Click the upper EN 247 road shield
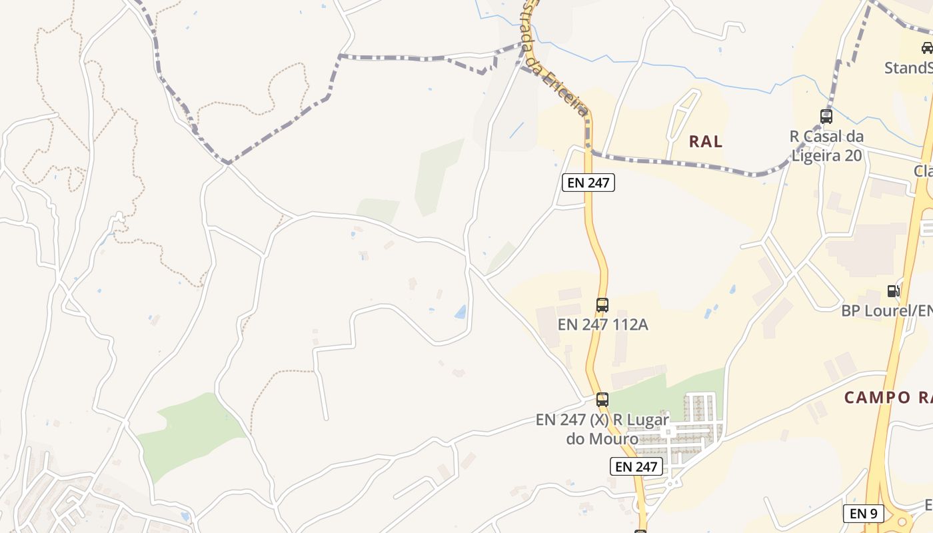(x=588, y=183)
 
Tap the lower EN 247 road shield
(x=636, y=466)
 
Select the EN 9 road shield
(x=864, y=513)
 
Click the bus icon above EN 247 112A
(x=602, y=305)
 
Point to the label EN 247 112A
(x=602, y=325)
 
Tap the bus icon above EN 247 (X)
(x=602, y=400)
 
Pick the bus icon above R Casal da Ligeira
(x=826, y=117)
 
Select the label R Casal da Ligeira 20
(x=826, y=146)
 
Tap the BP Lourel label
(x=886, y=310)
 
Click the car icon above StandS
(x=927, y=47)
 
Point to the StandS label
(x=908, y=68)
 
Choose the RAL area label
(x=706, y=141)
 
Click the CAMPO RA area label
(x=888, y=398)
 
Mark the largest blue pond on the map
(x=461, y=311)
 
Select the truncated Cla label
(x=923, y=171)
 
